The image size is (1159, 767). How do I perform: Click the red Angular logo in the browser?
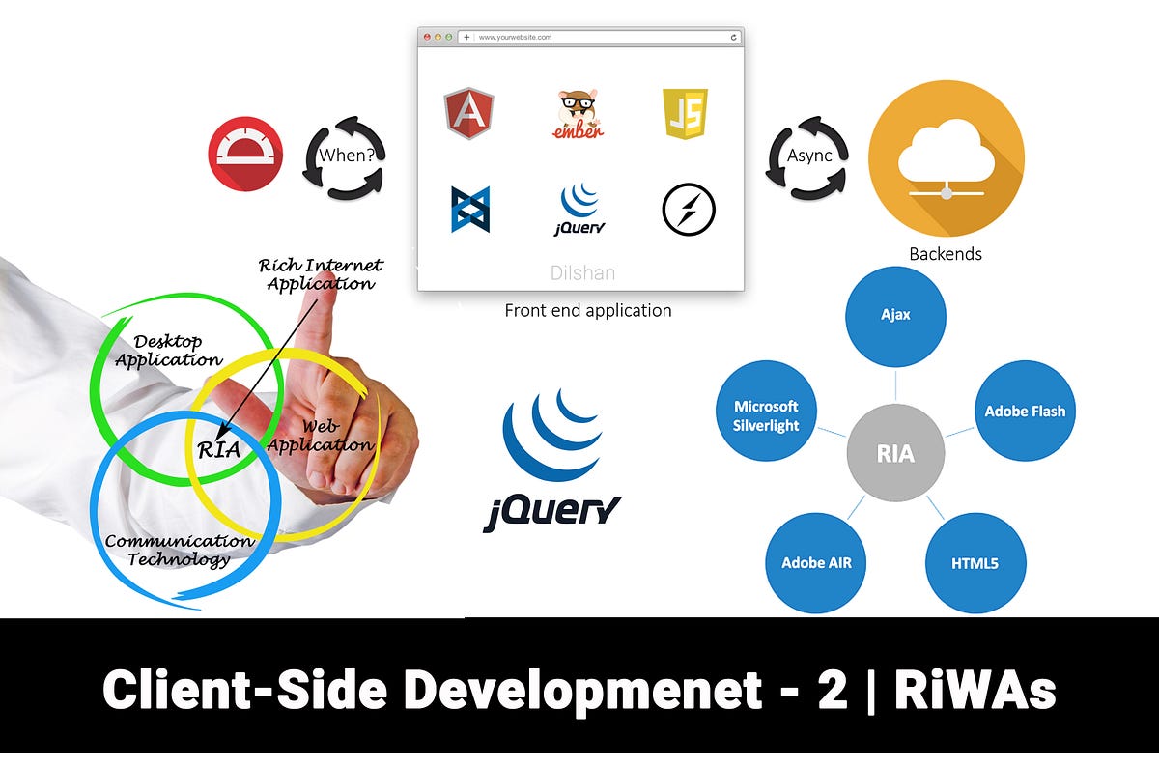pos(468,113)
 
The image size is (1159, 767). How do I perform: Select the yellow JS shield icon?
pos(685,114)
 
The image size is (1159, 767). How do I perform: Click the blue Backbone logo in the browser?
pos(470,210)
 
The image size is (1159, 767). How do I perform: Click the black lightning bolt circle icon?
pos(689,210)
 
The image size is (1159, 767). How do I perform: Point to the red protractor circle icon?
pos(245,154)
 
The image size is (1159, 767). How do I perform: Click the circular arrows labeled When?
pos(345,156)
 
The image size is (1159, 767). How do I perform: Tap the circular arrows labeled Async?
pos(808,156)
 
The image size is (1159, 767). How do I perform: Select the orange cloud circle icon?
pos(946,158)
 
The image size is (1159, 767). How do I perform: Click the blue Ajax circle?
pos(895,315)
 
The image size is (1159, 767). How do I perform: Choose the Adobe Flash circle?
pos(1025,411)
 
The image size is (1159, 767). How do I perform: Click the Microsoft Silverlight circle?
pos(766,416)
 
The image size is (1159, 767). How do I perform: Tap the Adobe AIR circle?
pos(816,562)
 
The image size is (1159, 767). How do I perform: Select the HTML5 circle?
pos(975,562)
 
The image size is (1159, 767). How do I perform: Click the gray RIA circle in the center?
pos(895,453)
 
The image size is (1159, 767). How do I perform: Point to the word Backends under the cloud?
pos(945,255)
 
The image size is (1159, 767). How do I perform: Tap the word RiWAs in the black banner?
pos(975,690)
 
